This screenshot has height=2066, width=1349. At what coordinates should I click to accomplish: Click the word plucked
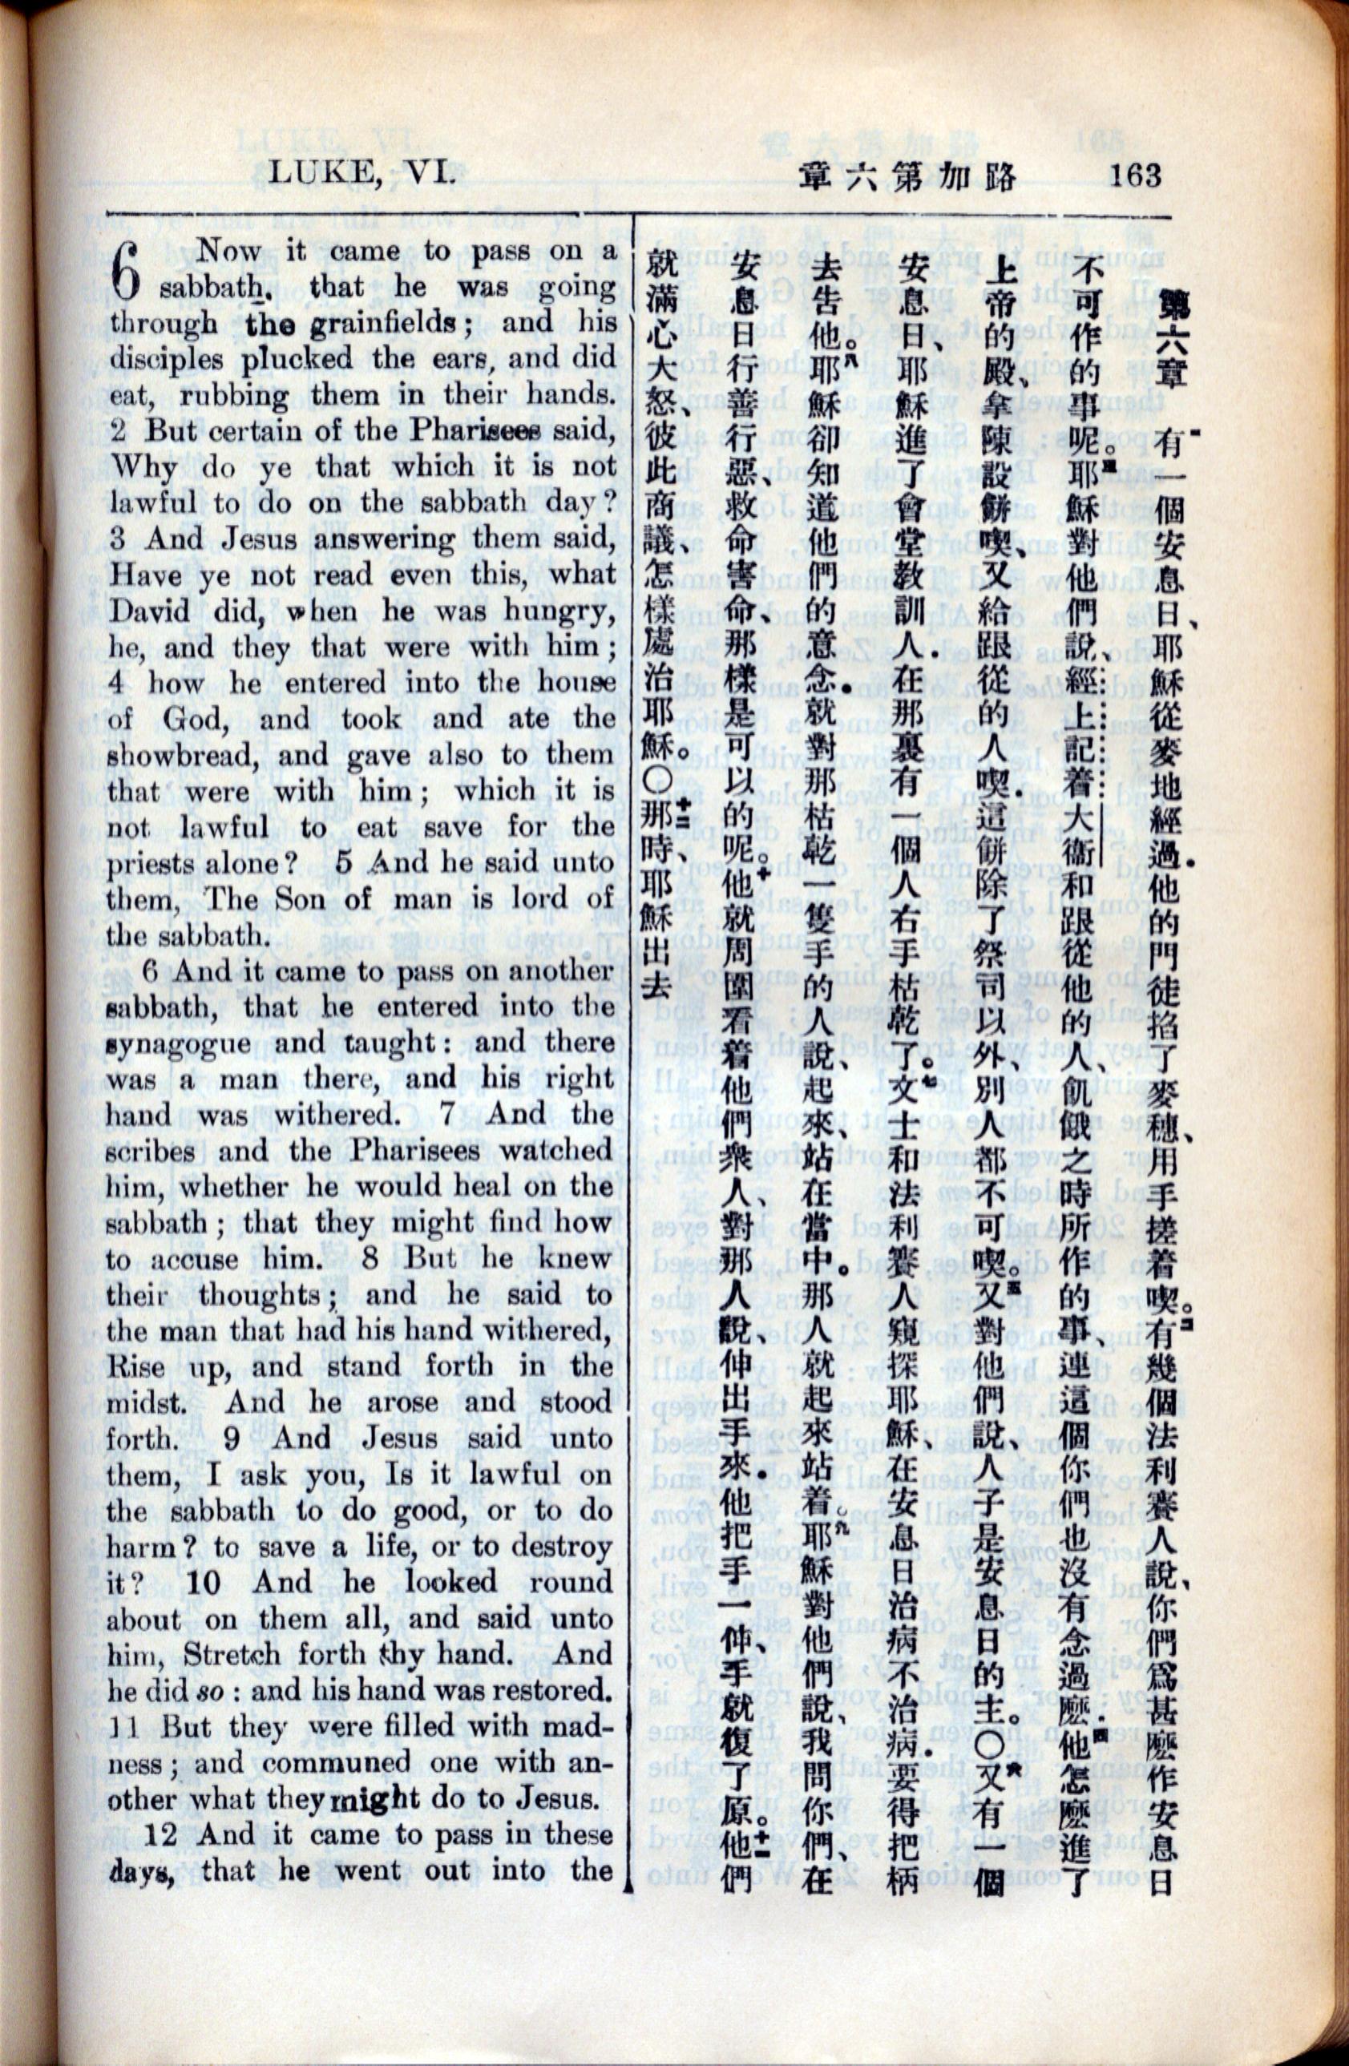(301, 359)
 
